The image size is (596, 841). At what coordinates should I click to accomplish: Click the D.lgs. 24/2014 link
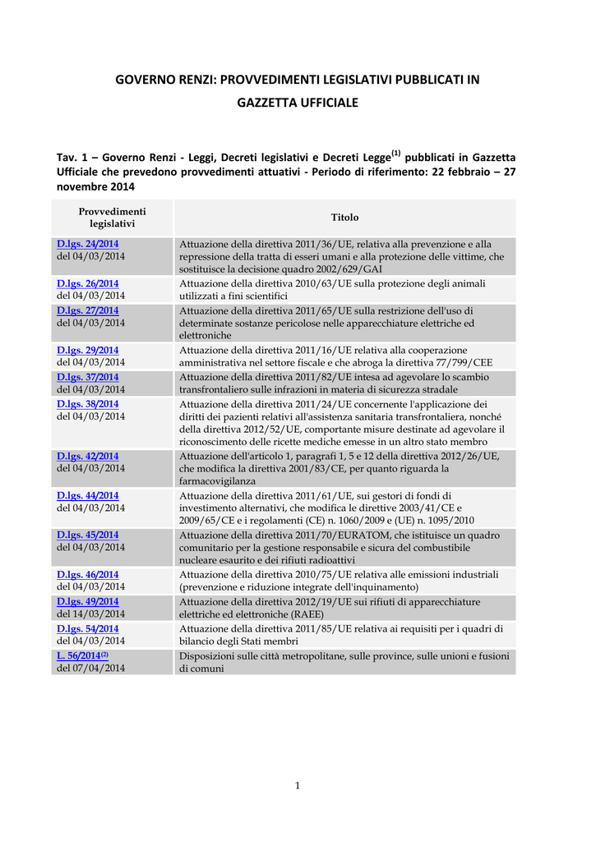click(x=87, y=244)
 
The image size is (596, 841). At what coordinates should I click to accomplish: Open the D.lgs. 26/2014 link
click(x=87, y=283)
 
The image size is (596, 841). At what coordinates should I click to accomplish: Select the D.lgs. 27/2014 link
click(x=87, y=310)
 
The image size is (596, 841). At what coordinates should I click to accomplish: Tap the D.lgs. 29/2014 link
click(x=87, y=350)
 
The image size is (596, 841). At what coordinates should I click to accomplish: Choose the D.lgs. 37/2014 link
click(x=87, y=377)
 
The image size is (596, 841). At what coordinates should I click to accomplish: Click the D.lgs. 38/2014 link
click(x=87, y=404)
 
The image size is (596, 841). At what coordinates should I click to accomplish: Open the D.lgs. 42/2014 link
click(x=87, y=456)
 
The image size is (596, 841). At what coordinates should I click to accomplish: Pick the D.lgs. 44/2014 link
click(x=87, y=495)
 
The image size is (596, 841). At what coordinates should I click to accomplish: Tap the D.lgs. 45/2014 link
click(x=87, y=535)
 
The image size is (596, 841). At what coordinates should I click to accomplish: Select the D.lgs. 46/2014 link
click(x=87, y=574)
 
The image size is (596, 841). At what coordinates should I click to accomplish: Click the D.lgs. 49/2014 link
click(x=87, y=601)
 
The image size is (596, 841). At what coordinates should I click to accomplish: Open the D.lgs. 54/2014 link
click(x=87, y=628)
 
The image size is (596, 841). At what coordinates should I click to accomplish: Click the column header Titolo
click(x=344, y=218)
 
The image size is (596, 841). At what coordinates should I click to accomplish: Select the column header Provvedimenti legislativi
click(x=112, y=218)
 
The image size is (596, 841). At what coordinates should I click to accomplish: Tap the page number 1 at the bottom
click(x=298, y=786)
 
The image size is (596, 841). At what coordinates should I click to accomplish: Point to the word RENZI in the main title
click(x=196, y=80)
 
